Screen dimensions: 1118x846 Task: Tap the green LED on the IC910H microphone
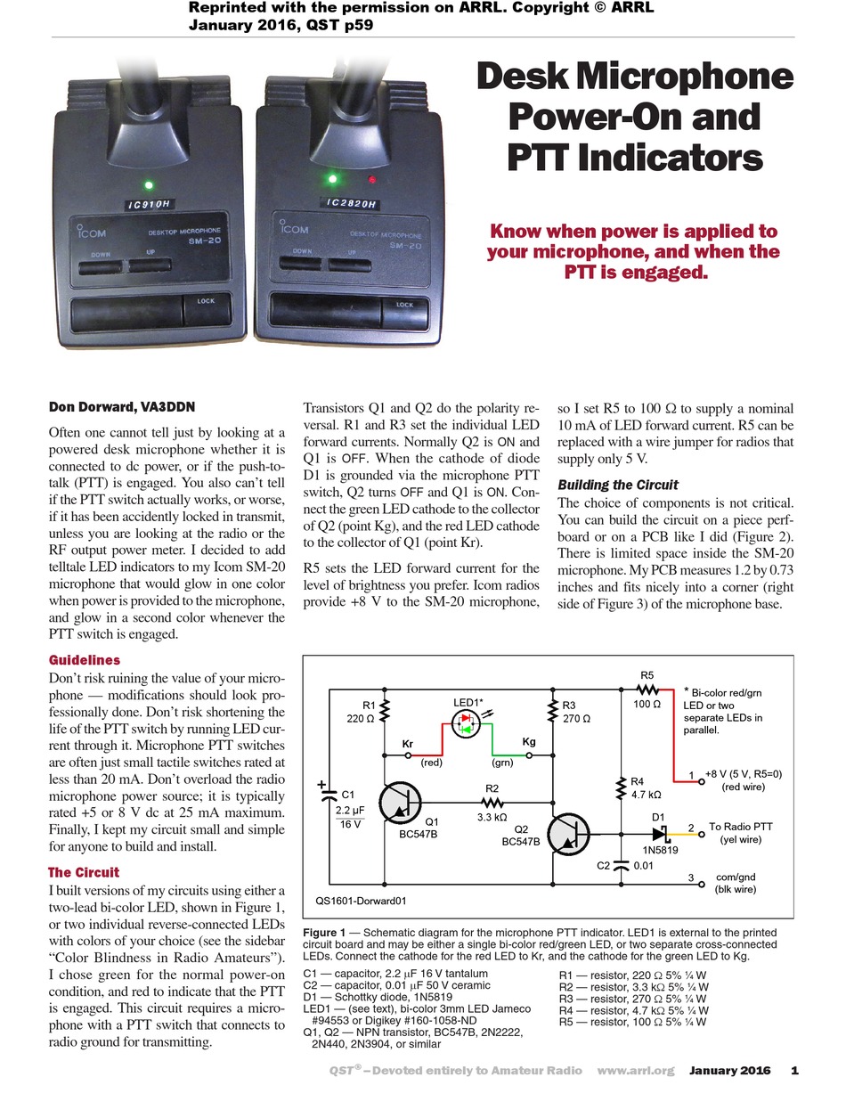[x=148, y=186]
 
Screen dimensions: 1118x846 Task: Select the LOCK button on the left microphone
[x=206, y=311]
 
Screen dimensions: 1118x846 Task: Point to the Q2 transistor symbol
[x=571, y=835]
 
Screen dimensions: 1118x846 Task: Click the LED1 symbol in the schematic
[x=465, y=727]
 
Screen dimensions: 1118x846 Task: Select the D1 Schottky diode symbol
[x=660, y=835]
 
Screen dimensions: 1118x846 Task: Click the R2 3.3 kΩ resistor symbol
[x=492, y=802]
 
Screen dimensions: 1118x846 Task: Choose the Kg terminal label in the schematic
[x=529, y=741]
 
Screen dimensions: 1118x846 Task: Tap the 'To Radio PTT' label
[x=742, y=826]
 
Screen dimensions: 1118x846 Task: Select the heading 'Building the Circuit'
[x=617, y=485]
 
